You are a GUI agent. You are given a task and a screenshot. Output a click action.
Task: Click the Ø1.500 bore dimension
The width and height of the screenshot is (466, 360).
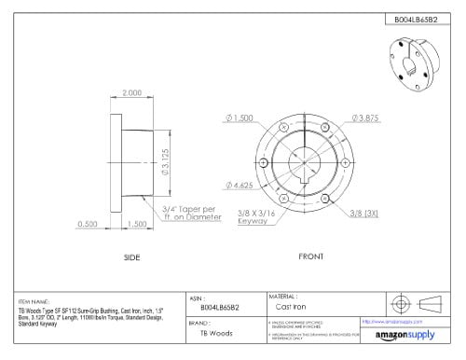tap(240, 118)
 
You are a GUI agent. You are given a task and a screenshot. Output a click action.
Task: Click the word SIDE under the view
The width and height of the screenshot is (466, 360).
tap(131, 256)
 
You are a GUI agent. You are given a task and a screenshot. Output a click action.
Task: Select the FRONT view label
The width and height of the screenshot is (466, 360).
tap(311, 256)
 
